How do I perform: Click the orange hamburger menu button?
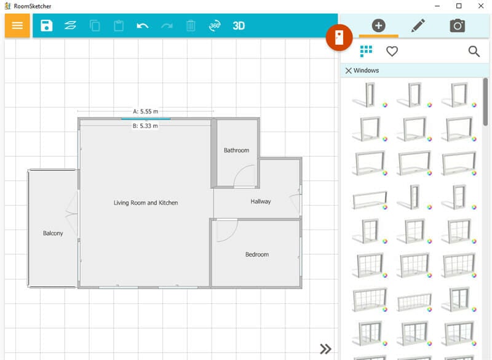pos(17,25)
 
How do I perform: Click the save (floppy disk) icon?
pos(46,25)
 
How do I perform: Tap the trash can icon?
pos(191,25)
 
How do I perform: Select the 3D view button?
pos(239,25)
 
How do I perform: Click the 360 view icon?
pos(215,25)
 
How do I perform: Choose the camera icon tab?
pos(457,25)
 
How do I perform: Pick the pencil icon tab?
pos(418,25)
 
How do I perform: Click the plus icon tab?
pos(379,25)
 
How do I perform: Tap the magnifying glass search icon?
pos(474,52)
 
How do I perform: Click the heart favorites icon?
pos(392,52)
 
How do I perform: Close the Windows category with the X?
pos(348,71)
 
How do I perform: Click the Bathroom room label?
pos(236,150)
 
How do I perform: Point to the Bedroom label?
pos(257,254)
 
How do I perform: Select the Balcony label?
pos(53,233)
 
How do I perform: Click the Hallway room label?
pos(261,201)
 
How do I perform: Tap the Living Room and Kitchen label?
pos(146,202)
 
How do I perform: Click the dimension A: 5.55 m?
pos(146,111)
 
